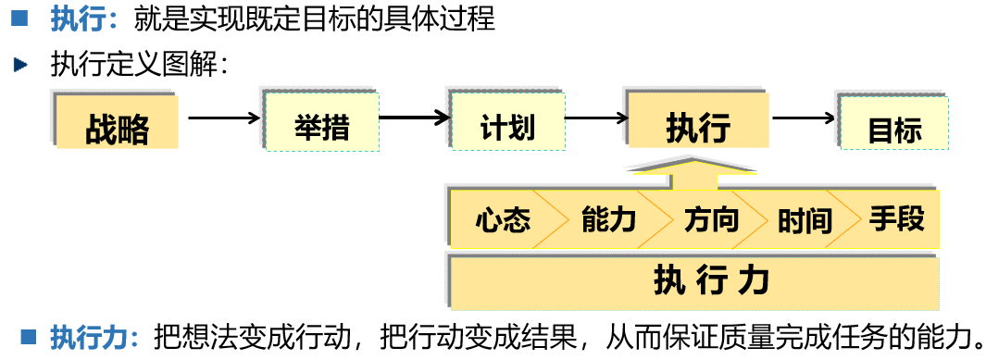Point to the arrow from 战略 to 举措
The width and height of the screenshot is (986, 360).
pos(221,118)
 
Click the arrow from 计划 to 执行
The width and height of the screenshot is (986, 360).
pos(596,118)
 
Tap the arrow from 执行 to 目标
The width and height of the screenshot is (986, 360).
pos(802,118)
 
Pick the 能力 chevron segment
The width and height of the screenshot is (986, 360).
pos(608,220)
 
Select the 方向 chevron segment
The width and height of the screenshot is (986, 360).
pos(711,220)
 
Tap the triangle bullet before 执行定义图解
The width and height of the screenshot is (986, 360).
pos(21,65)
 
